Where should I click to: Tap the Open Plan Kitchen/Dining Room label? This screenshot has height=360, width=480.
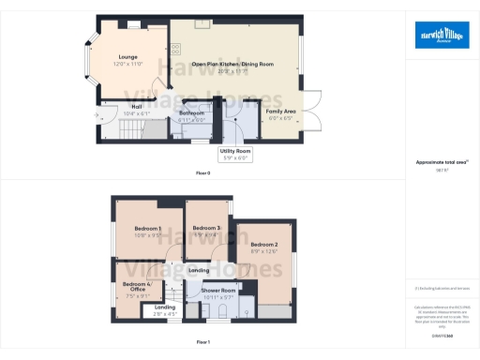(x=232, y=66)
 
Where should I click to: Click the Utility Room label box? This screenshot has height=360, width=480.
(x=235, y=154)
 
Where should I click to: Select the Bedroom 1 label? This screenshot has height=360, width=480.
(x=148, y=232)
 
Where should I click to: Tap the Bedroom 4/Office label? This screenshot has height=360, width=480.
(x=136, y=286)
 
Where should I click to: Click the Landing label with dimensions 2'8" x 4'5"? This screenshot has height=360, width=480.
(x=165, y=309)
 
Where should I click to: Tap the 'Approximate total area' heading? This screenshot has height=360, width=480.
(x=440, y=162)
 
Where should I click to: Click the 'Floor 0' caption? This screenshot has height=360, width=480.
(x=202, y=173)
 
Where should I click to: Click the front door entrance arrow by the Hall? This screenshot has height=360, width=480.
(x=98, y=115)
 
